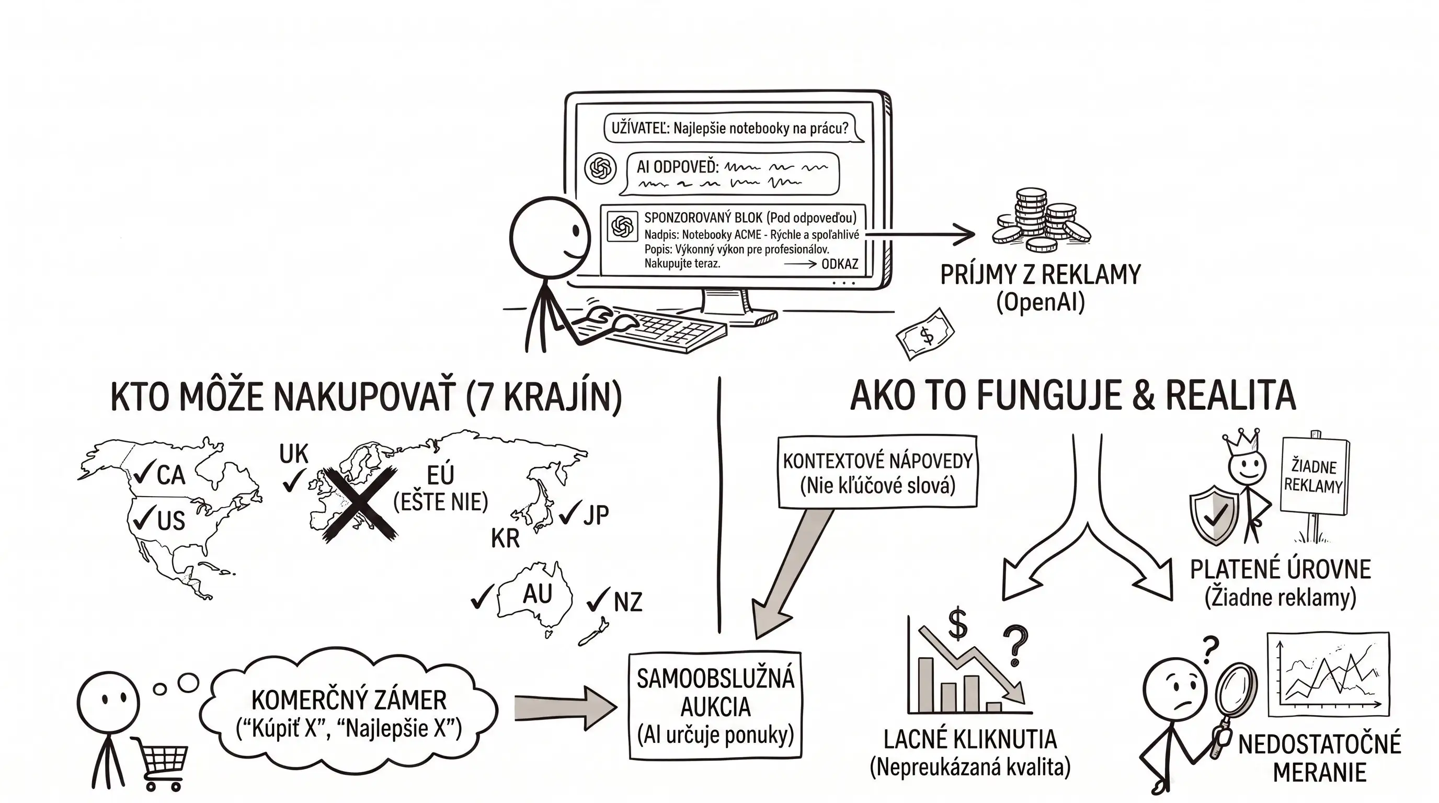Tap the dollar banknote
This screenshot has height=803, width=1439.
click(x=926, y=335)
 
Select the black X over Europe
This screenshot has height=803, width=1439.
click(x=360, y=503)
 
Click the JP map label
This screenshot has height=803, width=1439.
click(x=596, y=514)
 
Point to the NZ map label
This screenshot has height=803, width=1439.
click(x=628, y=602)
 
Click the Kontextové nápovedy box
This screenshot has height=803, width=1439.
click(x=877, y=473)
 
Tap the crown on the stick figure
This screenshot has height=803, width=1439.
click(x=1241, y=442)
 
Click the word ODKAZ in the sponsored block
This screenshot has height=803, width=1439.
click(x=840, y=264)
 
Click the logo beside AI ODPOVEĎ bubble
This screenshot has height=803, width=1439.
click(x=600, y=167)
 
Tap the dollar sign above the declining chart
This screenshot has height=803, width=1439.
click(x=957, y=623)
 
